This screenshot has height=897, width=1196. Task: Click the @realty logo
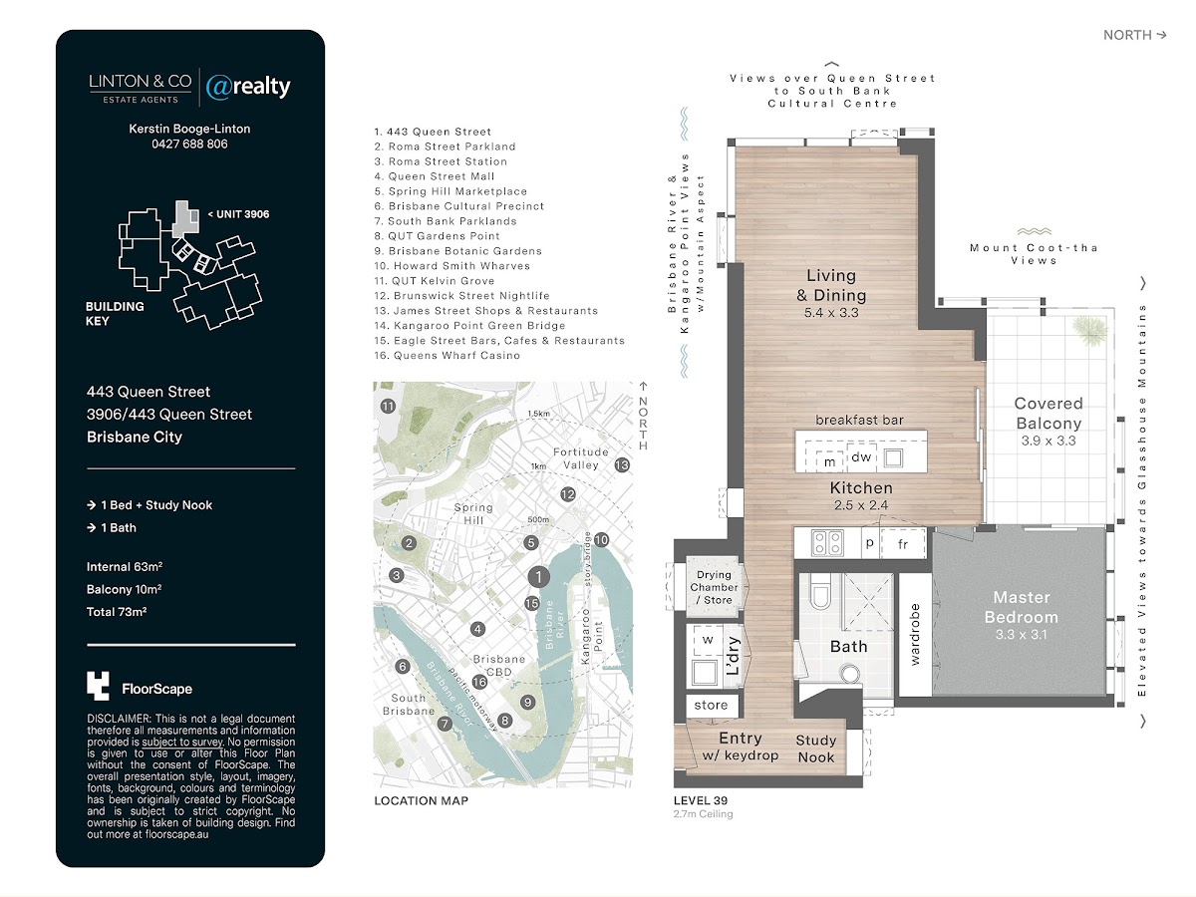coord(248,87)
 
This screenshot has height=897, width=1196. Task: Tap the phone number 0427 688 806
coord(189,144)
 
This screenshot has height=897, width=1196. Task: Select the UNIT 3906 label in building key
coord(238,214)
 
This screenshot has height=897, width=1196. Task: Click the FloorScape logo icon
coord(98,686)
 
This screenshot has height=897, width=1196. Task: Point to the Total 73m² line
coord(117,612)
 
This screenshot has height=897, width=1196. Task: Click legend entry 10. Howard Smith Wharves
coord(451,266)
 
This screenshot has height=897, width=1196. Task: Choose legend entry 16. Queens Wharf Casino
coord(447,355)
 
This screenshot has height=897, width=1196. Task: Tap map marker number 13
coord(622,465)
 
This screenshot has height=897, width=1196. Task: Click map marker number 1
coord(539,576)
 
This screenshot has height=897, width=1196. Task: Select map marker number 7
coord(445,724)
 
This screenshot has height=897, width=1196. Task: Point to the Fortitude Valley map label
coord(580,458)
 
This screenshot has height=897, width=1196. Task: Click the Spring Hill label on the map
coord(473,513)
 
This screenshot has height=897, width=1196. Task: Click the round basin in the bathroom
coord(849,674)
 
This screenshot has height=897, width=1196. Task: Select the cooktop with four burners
coord(827,542)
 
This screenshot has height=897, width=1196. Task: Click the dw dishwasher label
coord(861,456)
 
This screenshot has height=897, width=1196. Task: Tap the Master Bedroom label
coord(1022,607)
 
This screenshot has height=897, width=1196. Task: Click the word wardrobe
coord(914,635)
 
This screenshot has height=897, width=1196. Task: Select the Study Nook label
coord(815,748)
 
